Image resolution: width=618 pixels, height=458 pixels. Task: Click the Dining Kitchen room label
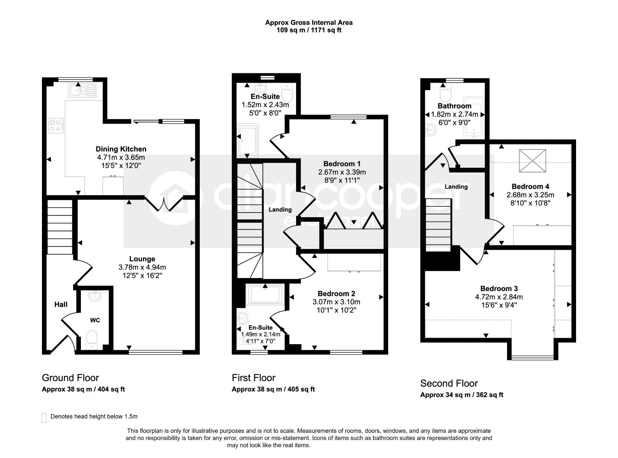click(121, 149)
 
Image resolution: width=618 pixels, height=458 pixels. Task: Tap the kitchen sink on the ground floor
click(82, 90)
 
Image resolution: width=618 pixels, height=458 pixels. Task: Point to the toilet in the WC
click(91, 339)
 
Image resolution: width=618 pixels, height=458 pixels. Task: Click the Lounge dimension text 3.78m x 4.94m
click(142, 267)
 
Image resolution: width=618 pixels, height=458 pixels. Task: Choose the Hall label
click(61, 304)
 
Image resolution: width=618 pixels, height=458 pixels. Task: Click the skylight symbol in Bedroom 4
click(532, 161)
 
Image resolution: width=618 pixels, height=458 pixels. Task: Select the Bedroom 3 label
click(499, 288)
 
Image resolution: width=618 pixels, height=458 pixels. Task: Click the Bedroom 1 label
click(342, 164)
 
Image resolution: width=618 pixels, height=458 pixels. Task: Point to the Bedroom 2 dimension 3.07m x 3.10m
click(336, 302)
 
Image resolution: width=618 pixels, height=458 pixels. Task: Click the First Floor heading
click(253, 378)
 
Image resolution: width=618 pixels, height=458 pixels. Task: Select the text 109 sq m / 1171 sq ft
click(309, 30)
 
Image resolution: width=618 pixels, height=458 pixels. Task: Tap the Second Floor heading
click(449, 383)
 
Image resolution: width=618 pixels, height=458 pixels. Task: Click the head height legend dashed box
click(44, 418)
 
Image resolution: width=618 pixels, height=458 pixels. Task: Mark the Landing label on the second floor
click(456, 187)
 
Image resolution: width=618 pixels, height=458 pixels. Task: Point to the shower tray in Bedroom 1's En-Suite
click(248, 140)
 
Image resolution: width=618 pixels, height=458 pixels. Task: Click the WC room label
click(95, 320)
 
